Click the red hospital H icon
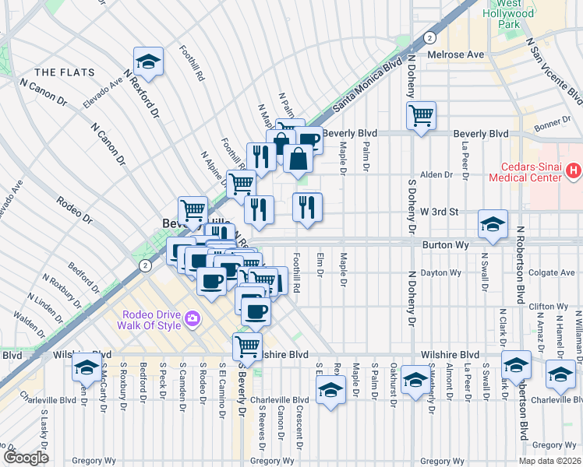(574, 169)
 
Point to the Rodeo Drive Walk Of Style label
(150, 319)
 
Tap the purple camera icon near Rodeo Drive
(192, 319)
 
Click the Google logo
(25, 457)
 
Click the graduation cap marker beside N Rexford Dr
(147, 61)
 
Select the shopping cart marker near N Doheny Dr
(421, 116)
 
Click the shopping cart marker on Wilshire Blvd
(247, 345)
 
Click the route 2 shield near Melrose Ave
(429, 37)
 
